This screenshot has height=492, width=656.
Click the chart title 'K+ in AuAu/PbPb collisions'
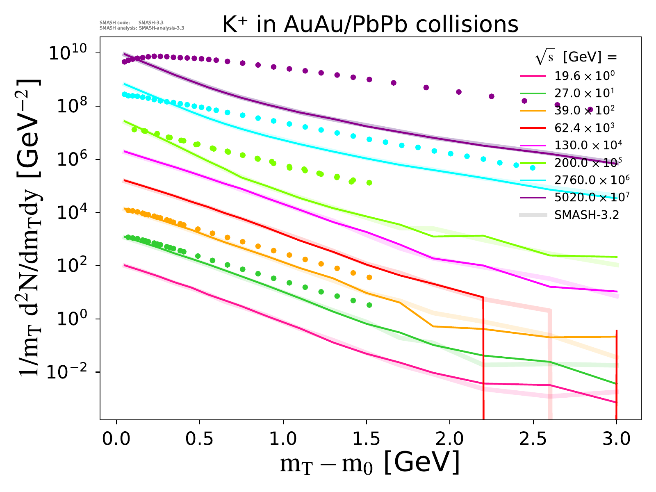(x=370, y=25)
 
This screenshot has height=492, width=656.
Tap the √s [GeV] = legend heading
(x=576, y=58)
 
